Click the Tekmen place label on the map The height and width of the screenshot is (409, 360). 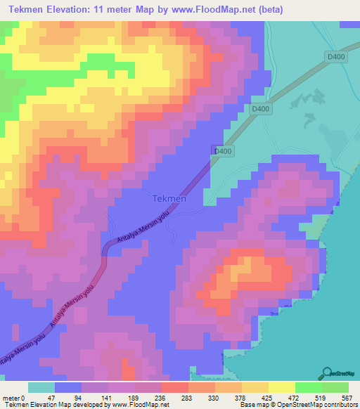pos(169,199)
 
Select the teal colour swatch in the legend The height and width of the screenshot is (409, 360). pos(41,387)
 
